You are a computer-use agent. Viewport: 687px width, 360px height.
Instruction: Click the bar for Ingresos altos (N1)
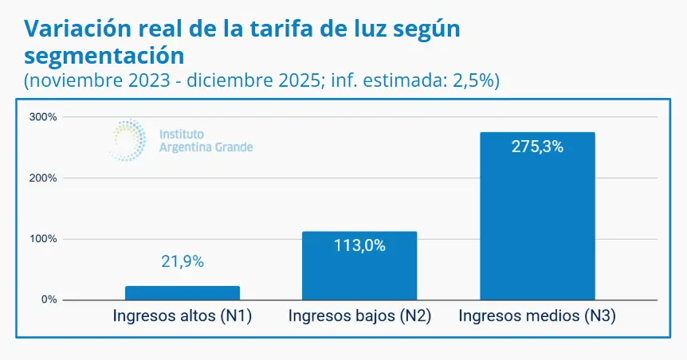click(x=183, y=292)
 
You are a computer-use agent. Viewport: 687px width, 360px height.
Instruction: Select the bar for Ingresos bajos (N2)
click(x=359, y=266)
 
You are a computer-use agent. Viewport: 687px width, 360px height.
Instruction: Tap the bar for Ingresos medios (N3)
click(x=537, y=216)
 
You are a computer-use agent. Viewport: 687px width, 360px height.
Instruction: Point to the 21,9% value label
click(x=183, y=260)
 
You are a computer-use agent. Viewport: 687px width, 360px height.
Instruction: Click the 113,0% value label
click(x=359, y=245)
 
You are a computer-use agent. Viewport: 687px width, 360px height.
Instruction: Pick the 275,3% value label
click(x=537, y=147)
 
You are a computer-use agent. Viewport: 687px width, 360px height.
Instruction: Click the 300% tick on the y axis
click(x=44, y=117)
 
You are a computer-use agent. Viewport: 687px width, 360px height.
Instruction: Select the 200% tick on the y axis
click(x=44, y=178)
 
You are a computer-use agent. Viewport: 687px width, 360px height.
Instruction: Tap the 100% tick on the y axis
click(x=44, y=239)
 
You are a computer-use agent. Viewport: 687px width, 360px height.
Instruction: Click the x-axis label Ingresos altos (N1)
click(x=183, y=316)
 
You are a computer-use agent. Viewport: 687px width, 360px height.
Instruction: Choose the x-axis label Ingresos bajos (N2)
click(x=359, y=316)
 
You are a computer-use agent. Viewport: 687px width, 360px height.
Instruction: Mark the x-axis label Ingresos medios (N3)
click(x=537, y=316)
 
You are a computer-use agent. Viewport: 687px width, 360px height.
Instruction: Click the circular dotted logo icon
click(x=127, y=140)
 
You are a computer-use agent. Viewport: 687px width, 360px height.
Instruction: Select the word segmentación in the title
click(x=104, y=56)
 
